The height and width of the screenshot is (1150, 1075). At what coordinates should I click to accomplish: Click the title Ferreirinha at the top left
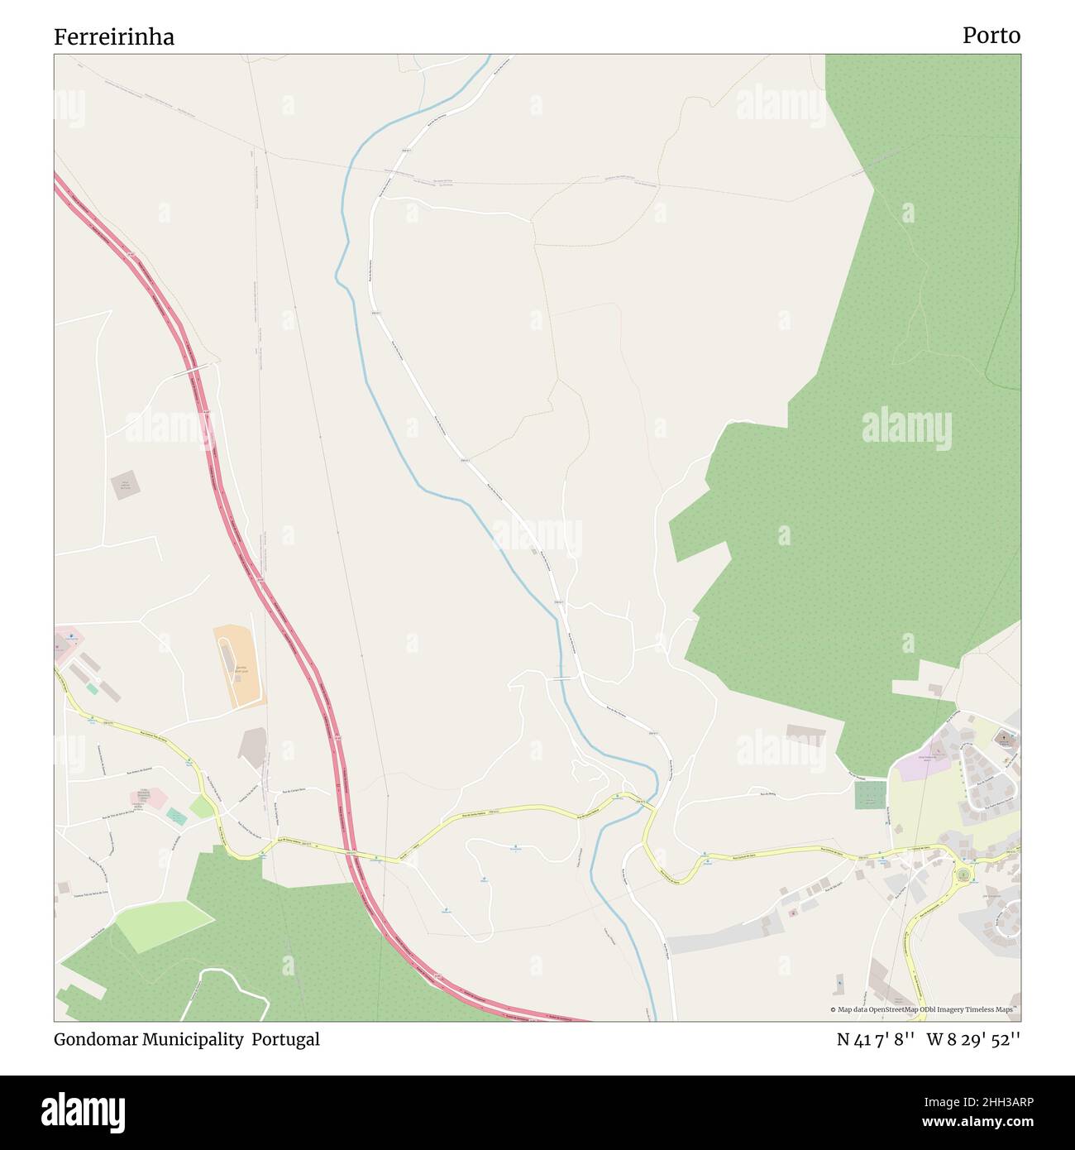click(114, 37)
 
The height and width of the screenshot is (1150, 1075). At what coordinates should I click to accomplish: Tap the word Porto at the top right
click(991, 36)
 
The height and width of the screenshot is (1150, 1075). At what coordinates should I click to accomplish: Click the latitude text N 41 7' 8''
click(875, 1039)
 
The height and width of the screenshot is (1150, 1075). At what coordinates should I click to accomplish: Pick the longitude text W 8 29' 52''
click(973, 1039)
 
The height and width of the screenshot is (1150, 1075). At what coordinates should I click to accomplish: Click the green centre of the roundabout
click(963, 874)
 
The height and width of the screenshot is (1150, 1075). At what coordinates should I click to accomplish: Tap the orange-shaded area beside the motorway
click(238, 666)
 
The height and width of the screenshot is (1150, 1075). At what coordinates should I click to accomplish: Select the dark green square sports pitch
click(867, 796)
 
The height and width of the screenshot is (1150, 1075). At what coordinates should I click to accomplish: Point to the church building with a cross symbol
click(1005, 736)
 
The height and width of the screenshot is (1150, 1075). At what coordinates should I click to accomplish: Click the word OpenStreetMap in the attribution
click(897, 1009)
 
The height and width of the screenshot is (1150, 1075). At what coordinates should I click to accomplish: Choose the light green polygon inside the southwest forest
click(164, 923)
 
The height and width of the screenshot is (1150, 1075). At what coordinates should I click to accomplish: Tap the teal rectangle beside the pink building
click(176, 817)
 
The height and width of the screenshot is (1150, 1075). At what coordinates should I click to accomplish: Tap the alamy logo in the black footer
click(83, 1111)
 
